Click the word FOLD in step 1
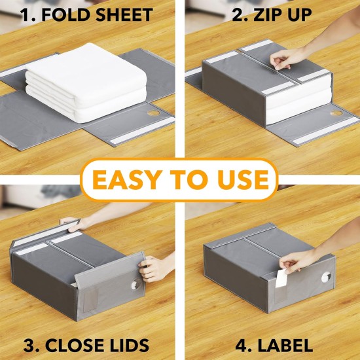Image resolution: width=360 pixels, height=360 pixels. [65, 14]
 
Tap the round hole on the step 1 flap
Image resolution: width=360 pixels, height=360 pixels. [154, 113]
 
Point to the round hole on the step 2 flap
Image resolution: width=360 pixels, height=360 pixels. [337, 113]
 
